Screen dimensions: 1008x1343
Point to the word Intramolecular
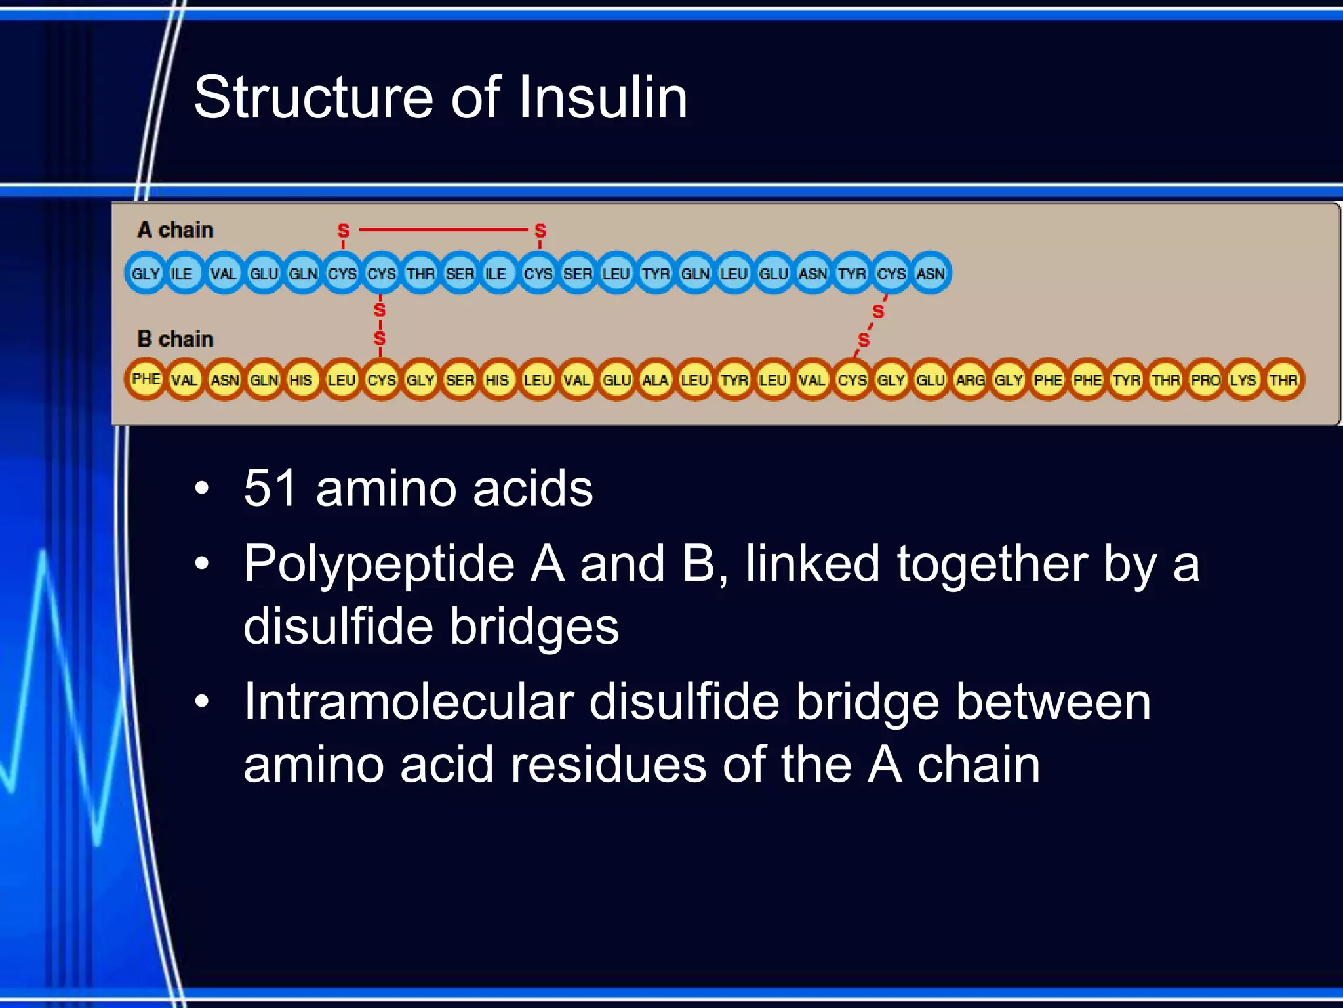(x=409, y=703)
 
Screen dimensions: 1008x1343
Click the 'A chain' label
(x=176, y=230)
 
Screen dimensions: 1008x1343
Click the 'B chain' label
(x=176, y=339)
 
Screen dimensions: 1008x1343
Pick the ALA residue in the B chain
(x=655, y=380)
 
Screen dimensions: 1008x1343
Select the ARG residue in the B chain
(x=970, y=380)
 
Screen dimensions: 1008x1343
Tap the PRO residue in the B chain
(x=1205, y=380)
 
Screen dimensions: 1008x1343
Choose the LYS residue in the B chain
(x=1244, y=380)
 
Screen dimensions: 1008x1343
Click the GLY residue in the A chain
(x=146, y=273)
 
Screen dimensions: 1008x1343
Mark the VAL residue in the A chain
(x=224, y=273)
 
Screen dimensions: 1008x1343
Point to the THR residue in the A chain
(x=420, y=273)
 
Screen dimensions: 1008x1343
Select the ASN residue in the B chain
(x=224, y=380)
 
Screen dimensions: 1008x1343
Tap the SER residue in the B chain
(x=460, y=380)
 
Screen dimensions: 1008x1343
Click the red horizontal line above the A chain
(x=443, y=230)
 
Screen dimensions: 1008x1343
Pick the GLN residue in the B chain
(x=264, y=380)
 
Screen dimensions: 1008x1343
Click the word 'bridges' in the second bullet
(x=534, y=627)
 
